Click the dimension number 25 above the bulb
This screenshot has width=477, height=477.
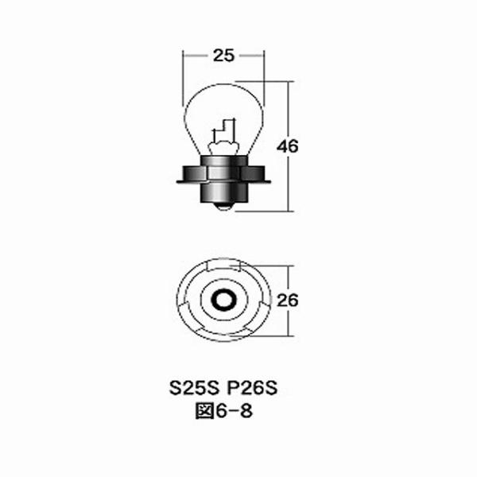(x=223, y=56)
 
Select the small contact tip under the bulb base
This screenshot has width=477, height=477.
(x=224, y=209)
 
